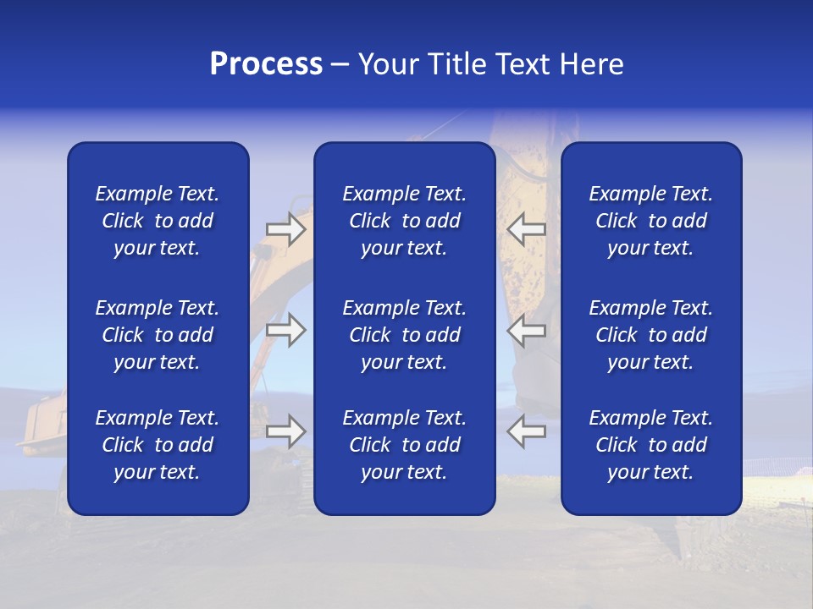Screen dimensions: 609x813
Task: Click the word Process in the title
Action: tap(266, 63)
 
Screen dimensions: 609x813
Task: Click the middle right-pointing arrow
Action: tap(285, 331)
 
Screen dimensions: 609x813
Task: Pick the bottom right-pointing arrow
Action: tap(285, 431)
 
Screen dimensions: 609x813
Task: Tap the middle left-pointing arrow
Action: tap(527, 331)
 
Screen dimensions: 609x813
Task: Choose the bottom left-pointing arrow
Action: tap(527, 431)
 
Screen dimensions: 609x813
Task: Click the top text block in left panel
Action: tap(158, 221)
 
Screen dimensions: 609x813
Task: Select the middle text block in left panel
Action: tap(158, 335)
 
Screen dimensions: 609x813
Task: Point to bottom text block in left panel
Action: tap(158, 445)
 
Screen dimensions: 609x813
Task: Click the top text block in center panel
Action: tap(404, 221)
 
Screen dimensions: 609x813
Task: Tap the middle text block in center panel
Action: tap(404, 335)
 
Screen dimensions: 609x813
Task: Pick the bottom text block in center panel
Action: tap(404, 445)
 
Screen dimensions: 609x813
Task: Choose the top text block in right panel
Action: tap(650, 221)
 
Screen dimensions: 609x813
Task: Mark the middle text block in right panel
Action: tap(650, 335)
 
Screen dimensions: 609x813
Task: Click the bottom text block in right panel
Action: tap(650, 445)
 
